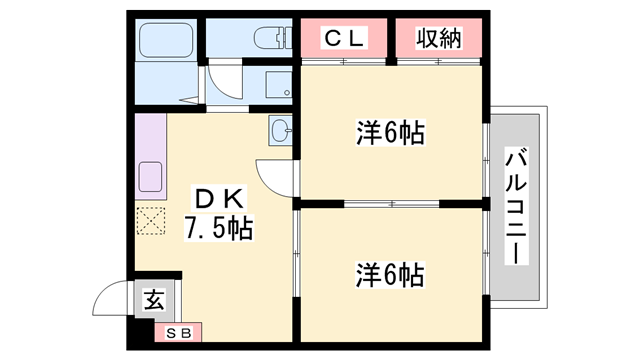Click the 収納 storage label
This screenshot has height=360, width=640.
pyautogui.click(x=438, y=40)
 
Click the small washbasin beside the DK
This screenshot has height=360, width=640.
pyautogui.click(x=280, y=130)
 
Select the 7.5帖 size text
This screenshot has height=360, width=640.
pyautogui.click(x=217, y=229)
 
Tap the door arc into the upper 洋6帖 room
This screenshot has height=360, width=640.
pyautogui.click(x=274, y=176)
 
